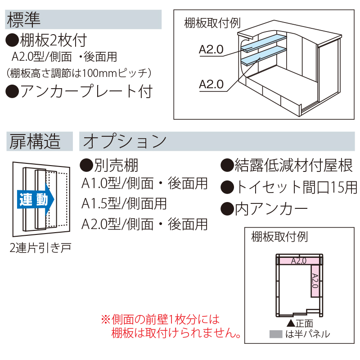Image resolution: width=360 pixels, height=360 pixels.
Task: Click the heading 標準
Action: [x=23, y=19]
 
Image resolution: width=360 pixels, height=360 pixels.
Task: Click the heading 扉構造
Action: [x=34, y=141]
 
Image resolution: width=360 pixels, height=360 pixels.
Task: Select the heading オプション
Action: [x=125, y=141]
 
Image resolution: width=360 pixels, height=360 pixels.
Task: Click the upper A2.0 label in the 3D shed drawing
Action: [x=211, y=50]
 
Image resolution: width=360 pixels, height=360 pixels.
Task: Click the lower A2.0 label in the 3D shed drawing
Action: [x=211, y=84]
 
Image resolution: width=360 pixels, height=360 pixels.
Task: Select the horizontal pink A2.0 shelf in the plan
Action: [x=298, y=261]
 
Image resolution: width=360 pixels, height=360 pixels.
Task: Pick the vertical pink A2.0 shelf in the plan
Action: [x=315, y=280]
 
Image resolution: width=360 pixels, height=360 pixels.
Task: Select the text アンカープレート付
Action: [x=85, y=91]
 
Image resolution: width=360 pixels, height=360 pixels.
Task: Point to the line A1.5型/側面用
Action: [x=124, y=203]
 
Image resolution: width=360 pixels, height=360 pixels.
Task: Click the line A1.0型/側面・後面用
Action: [x=144, y=184]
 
